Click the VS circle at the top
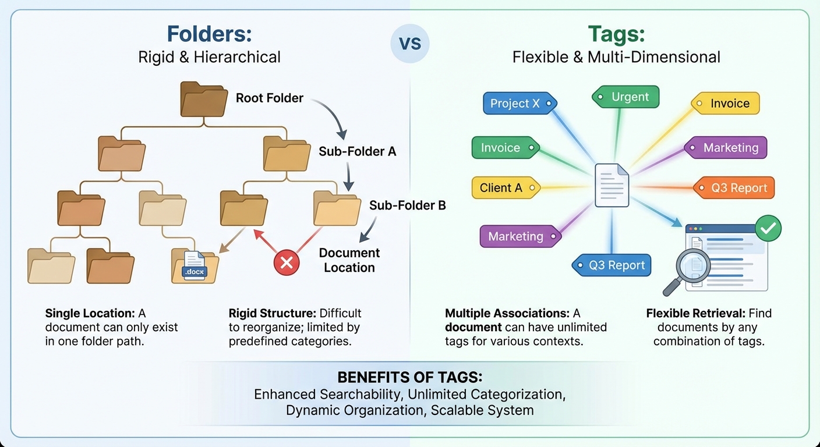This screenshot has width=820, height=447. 410,44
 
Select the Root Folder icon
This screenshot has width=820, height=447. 203,100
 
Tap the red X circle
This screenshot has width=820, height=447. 286,263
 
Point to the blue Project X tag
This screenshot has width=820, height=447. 519,104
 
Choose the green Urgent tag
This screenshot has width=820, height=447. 626,97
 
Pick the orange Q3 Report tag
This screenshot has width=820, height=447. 734,188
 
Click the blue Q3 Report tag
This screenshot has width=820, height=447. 612,265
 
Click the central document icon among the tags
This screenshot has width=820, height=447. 612,186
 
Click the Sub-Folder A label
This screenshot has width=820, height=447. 357,151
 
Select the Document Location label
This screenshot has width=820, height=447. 349,260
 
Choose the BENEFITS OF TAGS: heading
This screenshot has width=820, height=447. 409,377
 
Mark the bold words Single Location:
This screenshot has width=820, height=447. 90,313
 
